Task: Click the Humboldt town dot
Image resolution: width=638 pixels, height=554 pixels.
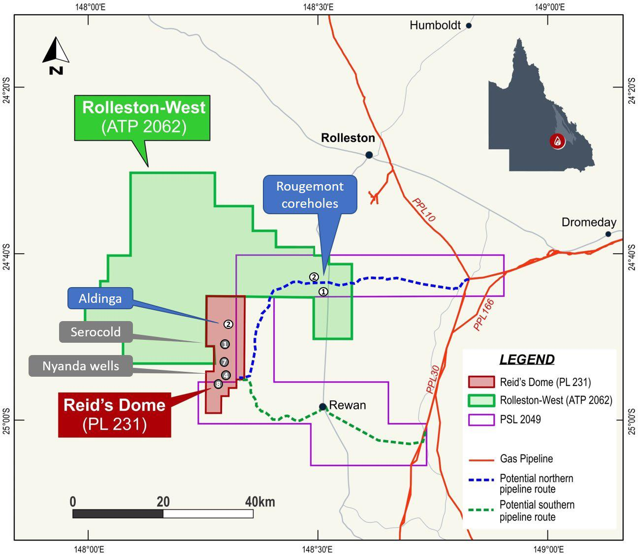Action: tap(469, 26)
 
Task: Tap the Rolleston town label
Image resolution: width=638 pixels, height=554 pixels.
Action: tap(348, 138)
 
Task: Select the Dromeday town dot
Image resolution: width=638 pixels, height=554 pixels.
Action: tap(608, 234)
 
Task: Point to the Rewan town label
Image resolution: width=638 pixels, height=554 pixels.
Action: tap(347, 405)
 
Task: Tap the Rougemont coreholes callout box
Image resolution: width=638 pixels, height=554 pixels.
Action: tap(310, 195)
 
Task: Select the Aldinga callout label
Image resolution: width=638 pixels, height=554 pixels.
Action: tap(100, 298)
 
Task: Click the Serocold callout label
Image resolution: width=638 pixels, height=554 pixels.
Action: tap(96, 332)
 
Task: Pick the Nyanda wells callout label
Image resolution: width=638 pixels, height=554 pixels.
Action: tap(80, 366)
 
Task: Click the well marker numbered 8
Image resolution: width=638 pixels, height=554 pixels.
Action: tap(218, 384)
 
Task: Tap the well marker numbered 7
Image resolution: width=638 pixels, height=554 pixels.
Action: tap(224, 362)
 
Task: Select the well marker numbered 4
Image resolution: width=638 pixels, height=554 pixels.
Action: tap(225, 375)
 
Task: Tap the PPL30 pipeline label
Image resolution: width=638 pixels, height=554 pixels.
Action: tap(432, 379)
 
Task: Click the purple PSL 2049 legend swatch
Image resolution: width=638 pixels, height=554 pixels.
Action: tap(481, 420)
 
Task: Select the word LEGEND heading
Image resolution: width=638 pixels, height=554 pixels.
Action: tap(527, 359)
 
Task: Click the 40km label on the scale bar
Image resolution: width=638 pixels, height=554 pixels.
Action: tap(260, 502)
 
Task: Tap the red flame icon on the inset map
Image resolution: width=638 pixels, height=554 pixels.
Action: tap(557, 141)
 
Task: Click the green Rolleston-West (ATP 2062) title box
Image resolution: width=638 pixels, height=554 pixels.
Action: tap(144, 117)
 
